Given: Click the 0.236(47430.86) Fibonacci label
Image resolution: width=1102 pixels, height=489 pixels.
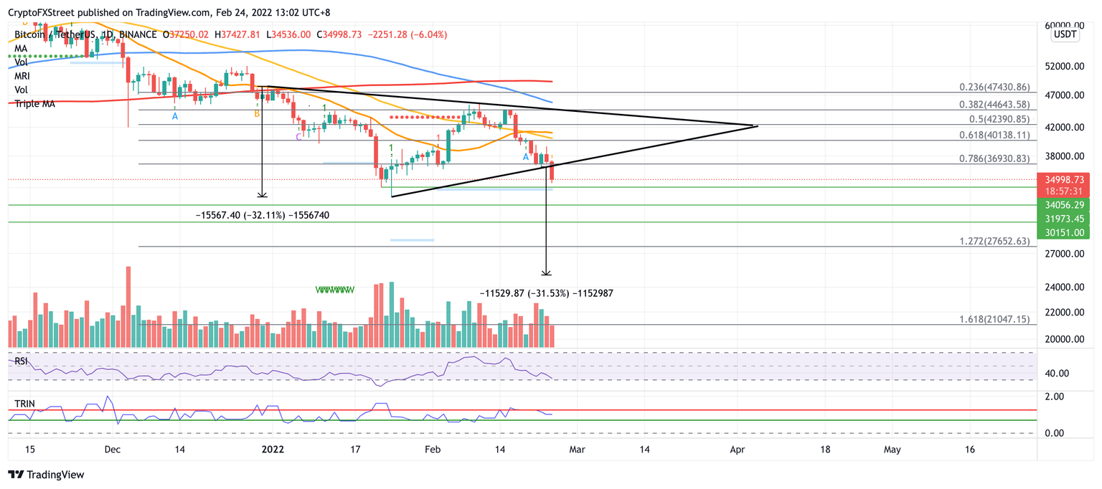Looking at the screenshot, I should tap(994, 87).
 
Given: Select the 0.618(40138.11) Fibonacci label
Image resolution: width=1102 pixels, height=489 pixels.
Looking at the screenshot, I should tap(994, 134).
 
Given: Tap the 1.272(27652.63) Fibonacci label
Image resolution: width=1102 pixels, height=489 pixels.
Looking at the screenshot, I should tap(994, 242).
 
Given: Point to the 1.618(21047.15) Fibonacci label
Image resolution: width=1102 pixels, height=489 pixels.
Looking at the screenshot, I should tap(994, 319).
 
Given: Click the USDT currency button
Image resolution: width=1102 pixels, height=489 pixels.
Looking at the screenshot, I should tap(1065, 35).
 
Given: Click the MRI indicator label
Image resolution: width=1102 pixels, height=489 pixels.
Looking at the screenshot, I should tap(24, 76).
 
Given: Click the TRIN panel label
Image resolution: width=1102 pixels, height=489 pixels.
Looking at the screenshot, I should tap(24, 404).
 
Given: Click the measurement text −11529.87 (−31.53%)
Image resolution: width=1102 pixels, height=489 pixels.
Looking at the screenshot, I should tap(545, 293).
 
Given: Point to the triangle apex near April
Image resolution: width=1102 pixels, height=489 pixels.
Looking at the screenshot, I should tap(758, 126).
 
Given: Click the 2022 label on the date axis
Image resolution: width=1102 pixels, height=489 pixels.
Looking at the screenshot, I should tap(273, 450).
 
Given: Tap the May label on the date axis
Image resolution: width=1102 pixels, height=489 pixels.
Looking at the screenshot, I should tap(892, 450).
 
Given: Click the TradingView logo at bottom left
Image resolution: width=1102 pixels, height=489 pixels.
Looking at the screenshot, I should tap(46, 475).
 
